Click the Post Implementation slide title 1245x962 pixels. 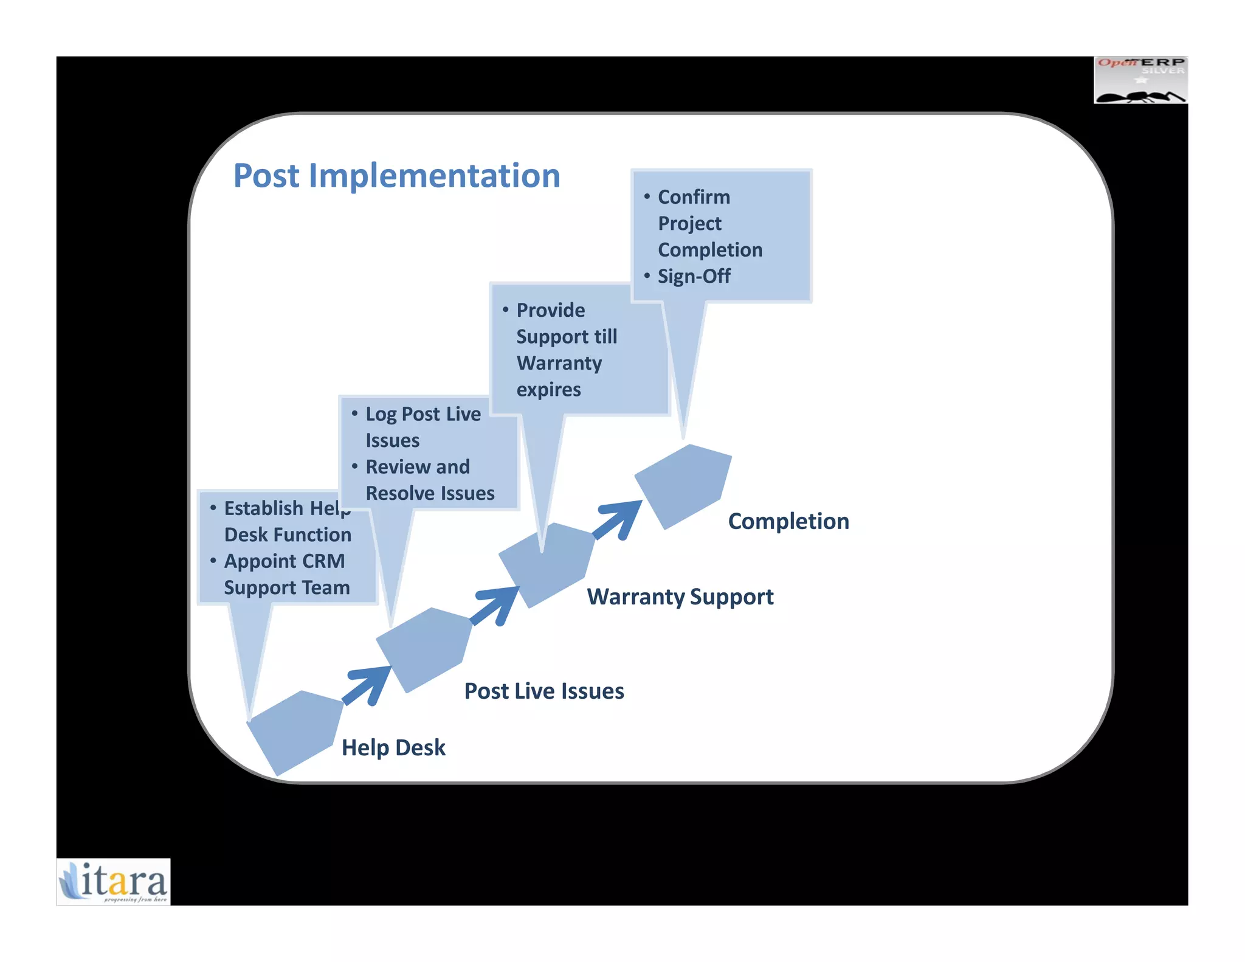[x=396, y=176]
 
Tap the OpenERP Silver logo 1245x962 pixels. [x=1140, y=80]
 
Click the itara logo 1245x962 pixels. [x=114, y=882]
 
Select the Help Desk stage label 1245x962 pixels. [x=393, y=747]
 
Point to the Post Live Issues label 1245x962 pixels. [x=544, y=691]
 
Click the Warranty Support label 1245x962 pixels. [x=680, y=597]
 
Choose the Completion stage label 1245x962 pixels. [x=788, y=521]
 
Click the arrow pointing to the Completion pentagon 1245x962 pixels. [x=619, y=520]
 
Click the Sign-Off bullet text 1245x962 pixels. [x=694, y=276]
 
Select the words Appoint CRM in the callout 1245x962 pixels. [x=284, y=561]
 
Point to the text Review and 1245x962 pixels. [x=418, y=466]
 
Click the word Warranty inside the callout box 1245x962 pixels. [x=559, y=363]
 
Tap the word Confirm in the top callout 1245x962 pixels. [x=694, y=197]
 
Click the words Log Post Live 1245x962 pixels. [x=422, y=414]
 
